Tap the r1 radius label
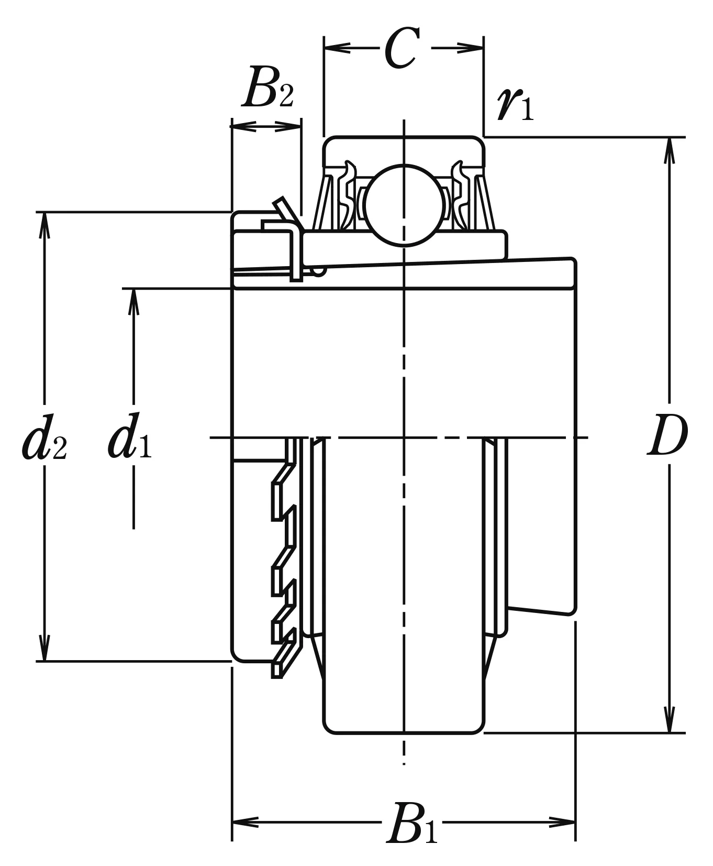515,103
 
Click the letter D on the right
667,436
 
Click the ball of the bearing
404,205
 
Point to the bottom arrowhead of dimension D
669,720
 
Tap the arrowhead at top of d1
133,301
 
